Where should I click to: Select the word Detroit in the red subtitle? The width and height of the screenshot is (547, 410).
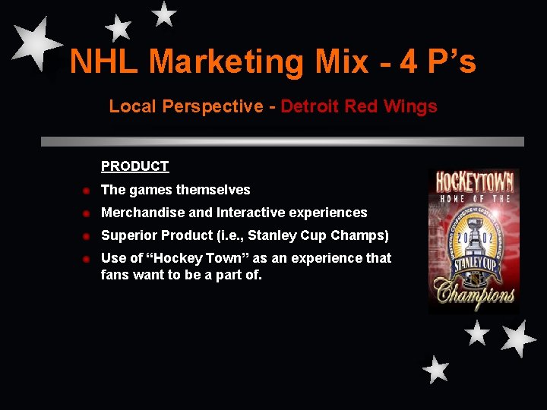309,106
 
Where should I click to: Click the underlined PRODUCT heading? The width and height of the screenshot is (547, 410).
134,166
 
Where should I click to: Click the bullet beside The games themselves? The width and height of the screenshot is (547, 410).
87,191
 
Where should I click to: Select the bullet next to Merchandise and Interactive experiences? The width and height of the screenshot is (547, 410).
87,213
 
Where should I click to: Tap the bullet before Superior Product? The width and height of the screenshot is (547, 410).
87,236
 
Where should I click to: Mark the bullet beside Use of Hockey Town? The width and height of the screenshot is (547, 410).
87,259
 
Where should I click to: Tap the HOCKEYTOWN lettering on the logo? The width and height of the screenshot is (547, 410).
474,183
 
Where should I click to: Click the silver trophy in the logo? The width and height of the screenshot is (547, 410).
474,228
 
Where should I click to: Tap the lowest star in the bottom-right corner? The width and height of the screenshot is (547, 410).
436,369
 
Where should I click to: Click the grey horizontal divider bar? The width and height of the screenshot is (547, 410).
282,141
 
